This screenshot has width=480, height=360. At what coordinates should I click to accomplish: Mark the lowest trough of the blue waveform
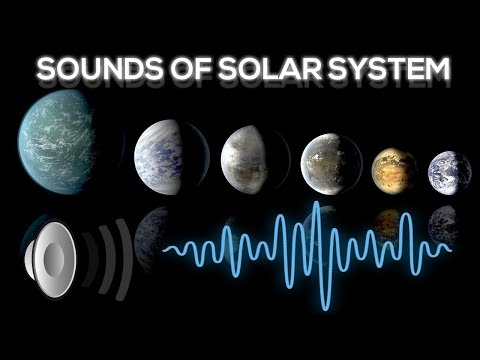coord(322,303)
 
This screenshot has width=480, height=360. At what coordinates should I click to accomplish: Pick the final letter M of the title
coord(433,70)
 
